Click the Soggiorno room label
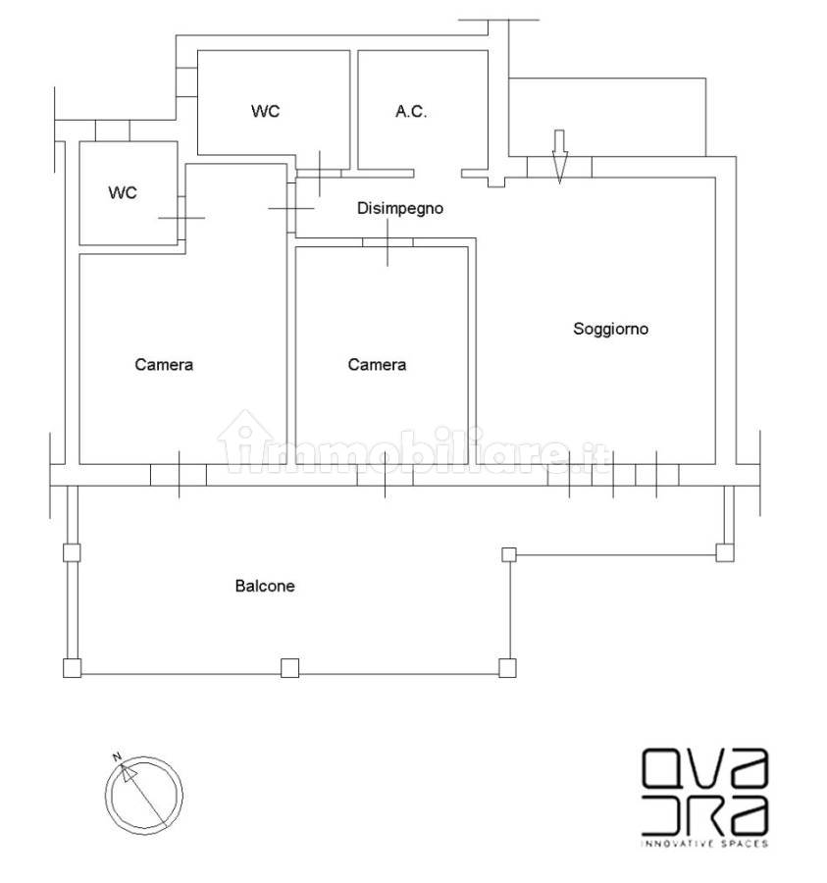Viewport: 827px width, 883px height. tap(610, 329)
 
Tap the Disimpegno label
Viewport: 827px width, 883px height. tap(399, 209)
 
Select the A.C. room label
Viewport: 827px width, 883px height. tap(411, 112)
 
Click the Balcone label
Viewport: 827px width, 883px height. tap(265, 587)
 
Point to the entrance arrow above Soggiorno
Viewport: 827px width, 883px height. tap(559, 157)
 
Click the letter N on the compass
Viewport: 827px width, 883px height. tap(117, 756)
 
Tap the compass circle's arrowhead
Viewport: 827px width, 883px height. tap(129, 772)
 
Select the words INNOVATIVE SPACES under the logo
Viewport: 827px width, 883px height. tap(704, 843)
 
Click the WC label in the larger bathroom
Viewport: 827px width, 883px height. tap(265, 111)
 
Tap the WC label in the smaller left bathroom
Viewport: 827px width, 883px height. tap(123, 192)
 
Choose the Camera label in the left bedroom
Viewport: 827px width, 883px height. tap(164, 365)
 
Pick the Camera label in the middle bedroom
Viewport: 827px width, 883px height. tap(377, 365)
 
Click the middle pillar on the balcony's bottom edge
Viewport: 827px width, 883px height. tap(289, 668)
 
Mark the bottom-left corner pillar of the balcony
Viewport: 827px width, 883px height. tap(72, 668)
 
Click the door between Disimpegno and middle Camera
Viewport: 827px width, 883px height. tap(388, 242)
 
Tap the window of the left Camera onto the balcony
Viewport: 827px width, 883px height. tap(179, 475)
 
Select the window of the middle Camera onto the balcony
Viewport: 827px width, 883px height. tap(386, 475)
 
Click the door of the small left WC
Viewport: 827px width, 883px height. tap(181, 218)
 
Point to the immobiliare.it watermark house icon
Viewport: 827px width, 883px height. tap(244, 440)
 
